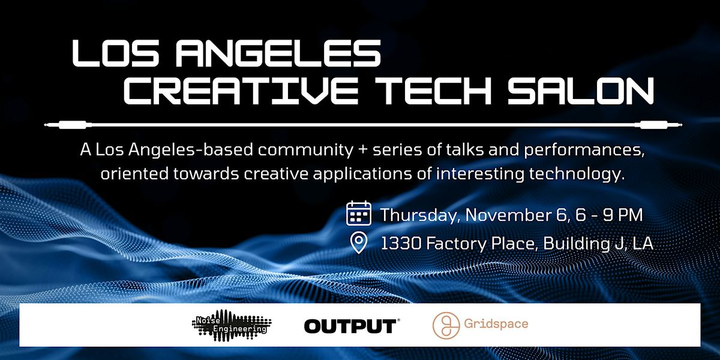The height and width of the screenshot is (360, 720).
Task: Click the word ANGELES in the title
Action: coord(278,53)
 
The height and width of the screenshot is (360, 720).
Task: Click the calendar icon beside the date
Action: coord(359,213)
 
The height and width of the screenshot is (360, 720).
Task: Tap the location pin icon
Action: coord(359,242)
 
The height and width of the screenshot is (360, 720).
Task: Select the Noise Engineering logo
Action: coord(232,325)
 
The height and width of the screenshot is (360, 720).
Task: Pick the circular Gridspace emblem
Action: coord(446,325)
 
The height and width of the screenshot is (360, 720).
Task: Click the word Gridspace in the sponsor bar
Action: coord(496,323)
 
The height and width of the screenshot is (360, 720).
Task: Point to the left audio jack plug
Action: coord(68,125)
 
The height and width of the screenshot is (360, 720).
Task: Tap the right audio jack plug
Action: coord(659,125)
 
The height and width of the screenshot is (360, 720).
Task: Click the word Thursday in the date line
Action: coord(418,215)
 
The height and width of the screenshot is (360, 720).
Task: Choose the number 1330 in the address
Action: coord(401,244)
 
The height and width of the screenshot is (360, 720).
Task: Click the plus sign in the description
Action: coord(363,150)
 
